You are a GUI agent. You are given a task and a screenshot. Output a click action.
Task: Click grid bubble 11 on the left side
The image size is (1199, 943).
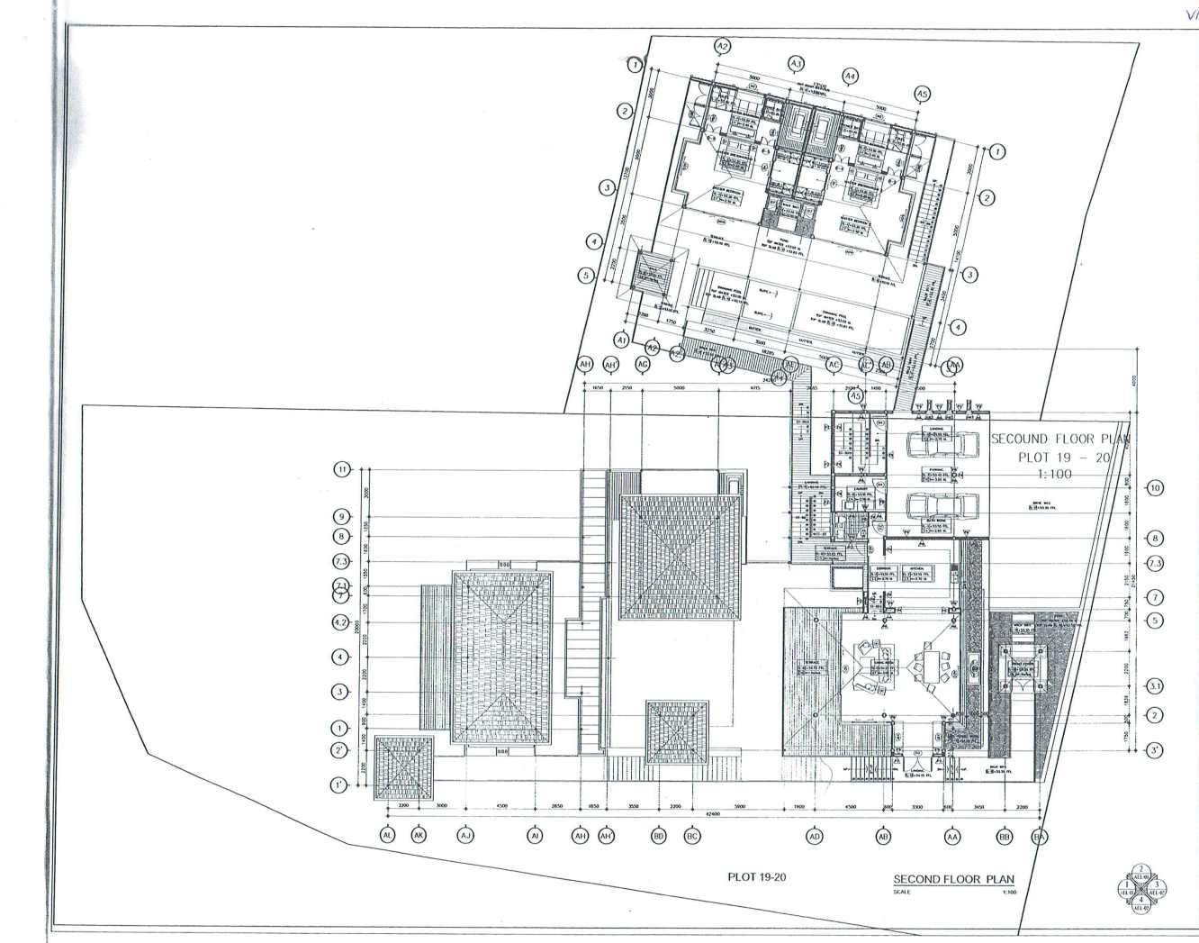[x=342, y=469]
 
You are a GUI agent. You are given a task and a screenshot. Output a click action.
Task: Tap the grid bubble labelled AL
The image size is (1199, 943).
[x=388, y=835]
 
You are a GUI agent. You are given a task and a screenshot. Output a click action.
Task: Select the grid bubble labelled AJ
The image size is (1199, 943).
[x=465, y=835]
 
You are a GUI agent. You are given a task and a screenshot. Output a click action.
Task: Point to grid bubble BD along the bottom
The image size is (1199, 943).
[x=659, y=835]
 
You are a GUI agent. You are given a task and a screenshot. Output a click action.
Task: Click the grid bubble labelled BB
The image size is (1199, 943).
[x=1005, y=837]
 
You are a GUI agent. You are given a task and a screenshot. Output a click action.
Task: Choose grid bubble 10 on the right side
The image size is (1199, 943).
[x=1155, y=488]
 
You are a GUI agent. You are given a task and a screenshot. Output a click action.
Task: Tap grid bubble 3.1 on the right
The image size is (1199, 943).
[x=1155, y=686]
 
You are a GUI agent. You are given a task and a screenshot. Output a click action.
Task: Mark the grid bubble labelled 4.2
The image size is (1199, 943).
[x=341, y=621]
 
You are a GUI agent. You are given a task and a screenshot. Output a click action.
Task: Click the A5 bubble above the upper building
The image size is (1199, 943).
[x=921, y=94]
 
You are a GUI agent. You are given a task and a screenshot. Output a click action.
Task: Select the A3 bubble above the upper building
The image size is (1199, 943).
[x=796, y=63]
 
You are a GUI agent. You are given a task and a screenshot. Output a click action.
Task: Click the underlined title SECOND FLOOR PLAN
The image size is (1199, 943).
[x=953, y=879]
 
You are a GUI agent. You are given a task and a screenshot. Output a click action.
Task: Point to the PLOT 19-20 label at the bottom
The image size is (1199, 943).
[x=756, y=875]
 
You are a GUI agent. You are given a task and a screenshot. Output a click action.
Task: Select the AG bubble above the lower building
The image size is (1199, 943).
[x=643, y=364]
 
